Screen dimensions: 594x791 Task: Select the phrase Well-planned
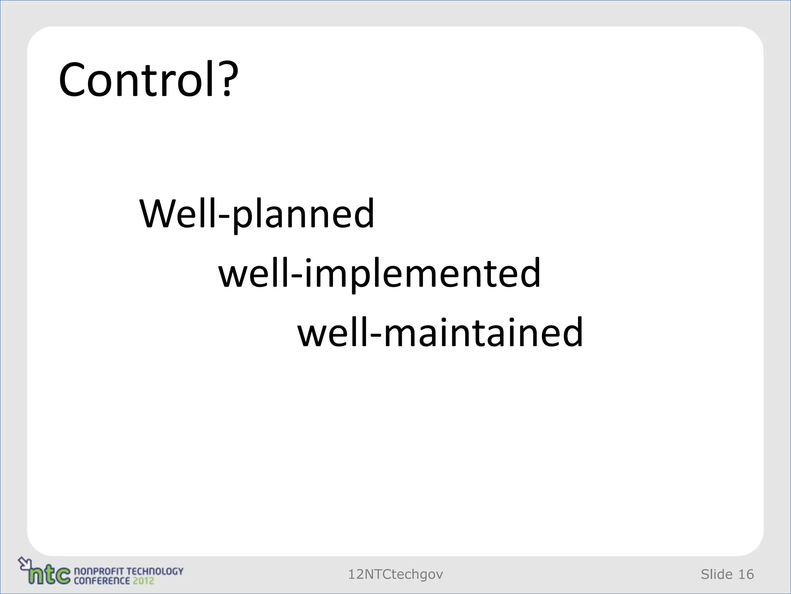pos(256,214)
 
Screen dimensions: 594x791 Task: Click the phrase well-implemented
pos(380,273)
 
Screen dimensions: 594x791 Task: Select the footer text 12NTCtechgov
pos(395,574)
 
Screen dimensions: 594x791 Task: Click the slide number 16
pos(746,574)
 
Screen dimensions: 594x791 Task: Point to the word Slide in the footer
pos(716,574)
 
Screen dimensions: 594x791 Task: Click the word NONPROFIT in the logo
pos(99,571)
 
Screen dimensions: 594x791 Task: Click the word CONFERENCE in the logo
pos(102,580)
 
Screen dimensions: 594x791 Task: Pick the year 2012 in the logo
pos(143,580)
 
